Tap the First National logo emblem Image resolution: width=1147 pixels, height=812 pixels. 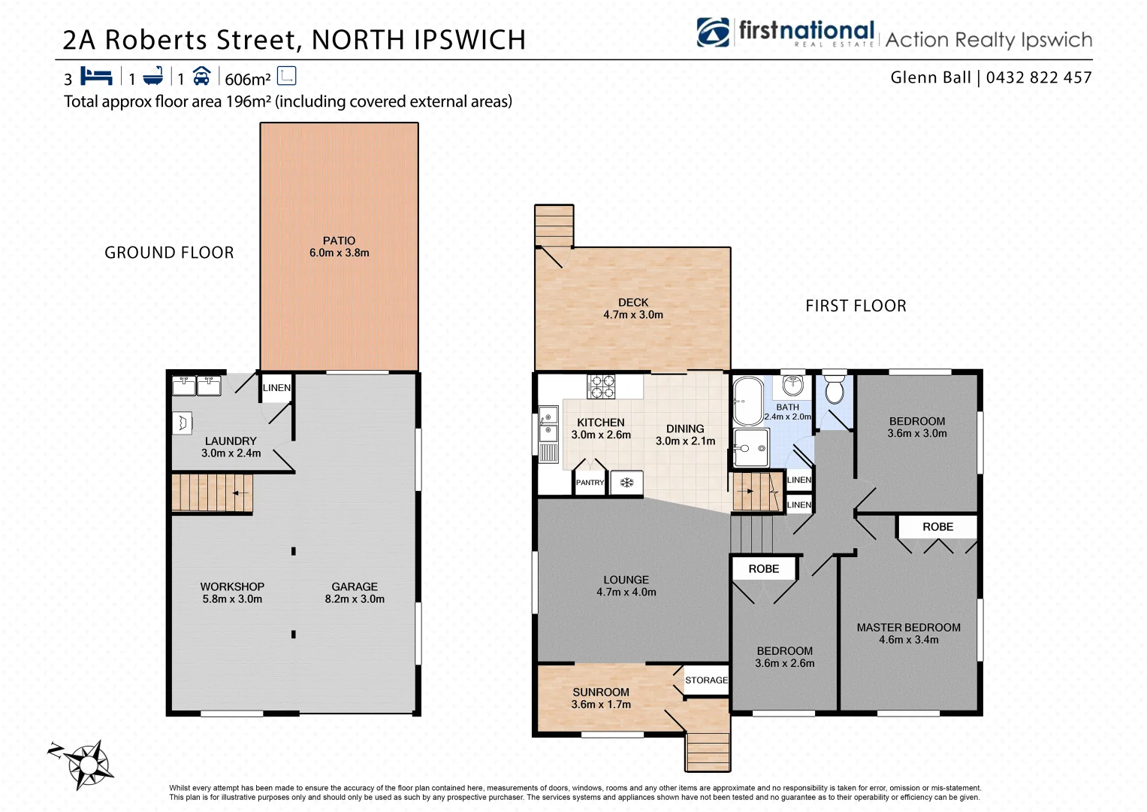point(712,33)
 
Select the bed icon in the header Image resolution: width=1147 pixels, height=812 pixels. point(96,77)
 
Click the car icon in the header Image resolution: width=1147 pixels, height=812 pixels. point(201,77)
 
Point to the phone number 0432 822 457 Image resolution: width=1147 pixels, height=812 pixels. point(1039,77)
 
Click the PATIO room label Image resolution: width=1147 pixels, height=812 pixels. point(339,241)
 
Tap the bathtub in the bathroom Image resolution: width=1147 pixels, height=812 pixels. point(747,401)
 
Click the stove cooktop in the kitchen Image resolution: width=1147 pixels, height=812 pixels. point(601,386)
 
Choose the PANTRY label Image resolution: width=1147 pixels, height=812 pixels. point(590,483)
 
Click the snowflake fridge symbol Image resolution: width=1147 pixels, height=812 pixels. point(626,483)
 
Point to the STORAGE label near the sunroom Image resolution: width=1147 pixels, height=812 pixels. point(706,680)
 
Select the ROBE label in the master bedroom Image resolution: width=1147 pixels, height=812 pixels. point(937,527)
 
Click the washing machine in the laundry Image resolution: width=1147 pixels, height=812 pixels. point(182,423)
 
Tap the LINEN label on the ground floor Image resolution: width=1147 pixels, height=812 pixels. point(276,388)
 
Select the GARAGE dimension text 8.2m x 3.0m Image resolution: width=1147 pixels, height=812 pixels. point(355,599)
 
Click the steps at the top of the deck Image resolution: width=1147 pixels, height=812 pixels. point(554,225)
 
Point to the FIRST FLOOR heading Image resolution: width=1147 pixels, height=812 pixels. point(856,306)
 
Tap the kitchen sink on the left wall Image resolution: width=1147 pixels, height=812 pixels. point(548,424)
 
